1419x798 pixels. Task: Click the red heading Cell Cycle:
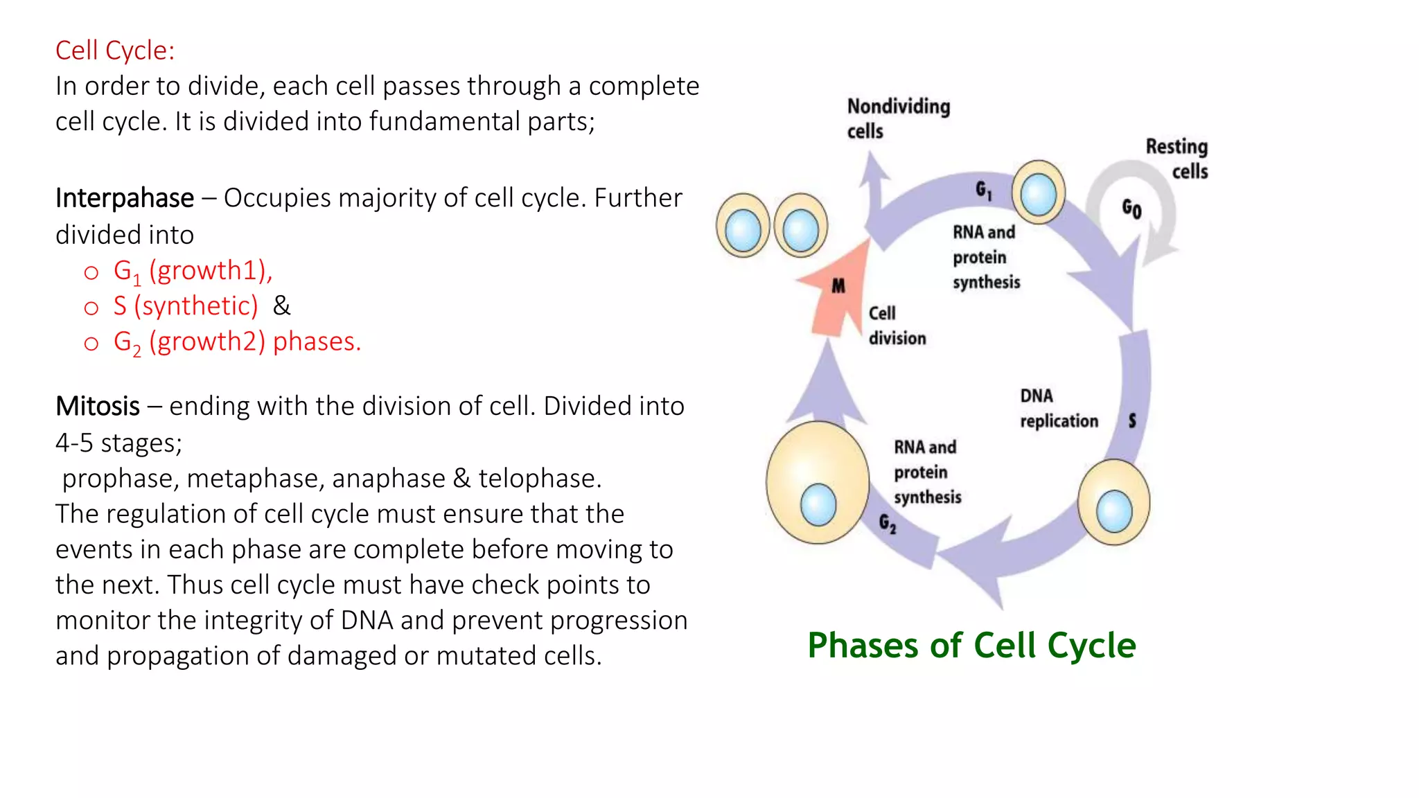[x=115, y=51]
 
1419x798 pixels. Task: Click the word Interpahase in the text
[x=125, y=198]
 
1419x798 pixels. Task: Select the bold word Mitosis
[x=98, y=406]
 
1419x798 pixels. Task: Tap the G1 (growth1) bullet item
[x=193, y=271]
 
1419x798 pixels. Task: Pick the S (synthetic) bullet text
[x=186, y=306]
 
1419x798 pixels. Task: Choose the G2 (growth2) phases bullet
[x=237, y=342]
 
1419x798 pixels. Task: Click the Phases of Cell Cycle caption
[x=971, y=646]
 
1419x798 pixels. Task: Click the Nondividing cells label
[x=897, y=118]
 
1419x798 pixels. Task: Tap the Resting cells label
[x=1177, y=159]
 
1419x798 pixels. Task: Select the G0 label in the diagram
[x=1131, y=208]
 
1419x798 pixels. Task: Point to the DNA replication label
[x=1058, y=409]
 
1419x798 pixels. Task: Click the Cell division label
[x=896, y=326]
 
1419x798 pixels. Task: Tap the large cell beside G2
[x=818, y=483]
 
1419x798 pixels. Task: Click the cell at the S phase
[x=1113, y=502]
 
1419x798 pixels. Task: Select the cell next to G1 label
[x=1038, y=192]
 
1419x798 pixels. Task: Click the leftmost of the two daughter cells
[x=743, y=226]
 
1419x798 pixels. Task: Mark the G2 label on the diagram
[x=888, y=523]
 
